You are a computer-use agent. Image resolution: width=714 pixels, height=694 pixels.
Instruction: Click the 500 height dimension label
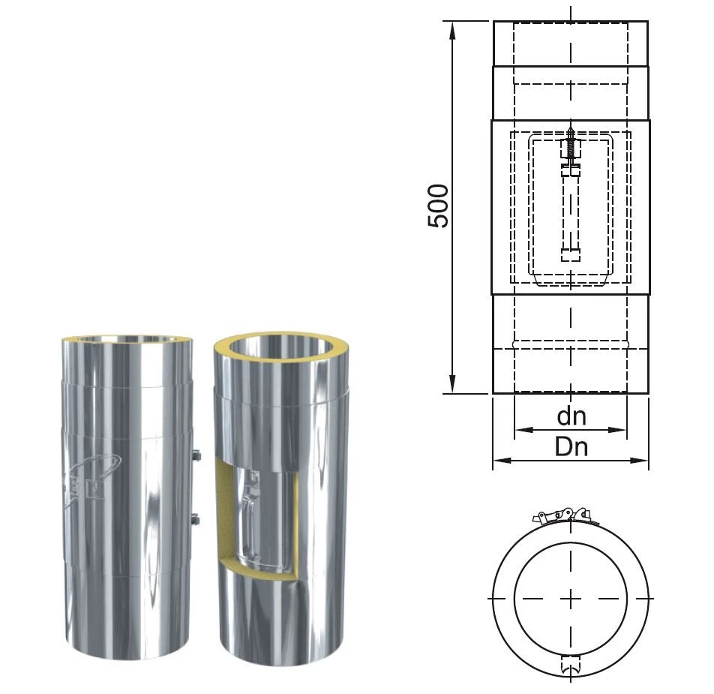coord(438,206)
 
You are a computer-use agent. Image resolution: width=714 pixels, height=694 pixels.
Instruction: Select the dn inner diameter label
coord(571,416)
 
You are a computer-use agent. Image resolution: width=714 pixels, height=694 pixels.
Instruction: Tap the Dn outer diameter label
coord(571,446)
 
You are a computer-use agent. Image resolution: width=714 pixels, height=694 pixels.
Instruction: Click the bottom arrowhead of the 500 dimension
coord(452,384)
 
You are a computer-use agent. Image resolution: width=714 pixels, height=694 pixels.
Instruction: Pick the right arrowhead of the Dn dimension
coord(639,461)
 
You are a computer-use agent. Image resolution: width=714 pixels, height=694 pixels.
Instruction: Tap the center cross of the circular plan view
coord(571,599)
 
